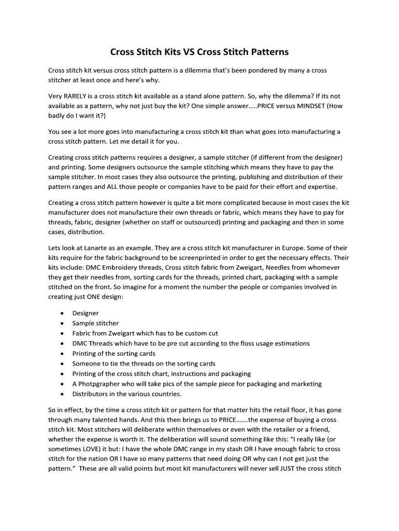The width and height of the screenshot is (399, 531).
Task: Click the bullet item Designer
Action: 85,313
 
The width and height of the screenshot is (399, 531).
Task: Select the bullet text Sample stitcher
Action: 95,323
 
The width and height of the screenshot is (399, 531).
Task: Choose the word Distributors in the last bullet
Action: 91,394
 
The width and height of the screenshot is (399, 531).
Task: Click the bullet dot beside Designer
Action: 63,313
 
